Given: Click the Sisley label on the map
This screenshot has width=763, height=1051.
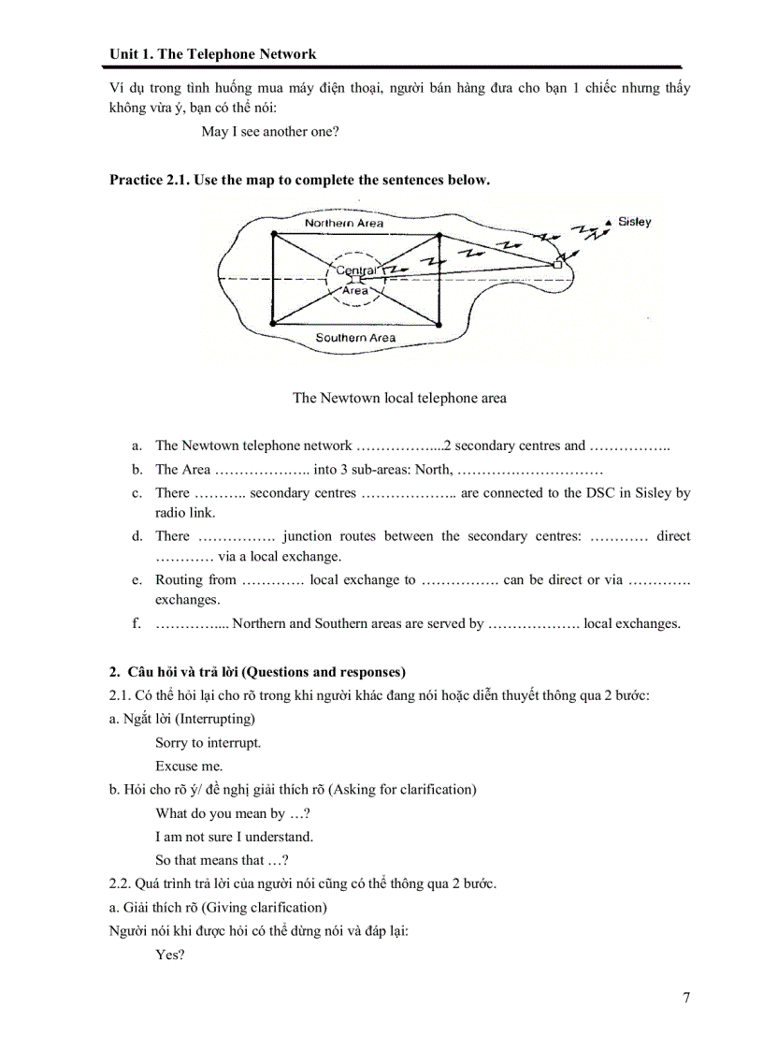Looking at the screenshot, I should pyautogui.click(x=635, y=223).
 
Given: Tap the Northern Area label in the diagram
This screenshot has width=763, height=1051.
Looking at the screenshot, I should pyautogui.click(x=344, y=224).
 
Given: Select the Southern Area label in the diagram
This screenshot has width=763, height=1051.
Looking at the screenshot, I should pyautogui.click(x=355, y=338).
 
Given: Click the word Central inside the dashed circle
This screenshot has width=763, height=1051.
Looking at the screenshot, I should pyautogui.click(x=355, y=270).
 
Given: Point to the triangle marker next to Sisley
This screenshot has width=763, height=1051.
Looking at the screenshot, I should pyautogui.click(x=609, y=222).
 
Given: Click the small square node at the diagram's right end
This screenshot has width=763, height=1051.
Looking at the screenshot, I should pyautogui.click(x=557, y=266).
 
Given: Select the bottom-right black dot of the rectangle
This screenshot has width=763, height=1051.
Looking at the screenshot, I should pyautogui.click(x=439, y=325).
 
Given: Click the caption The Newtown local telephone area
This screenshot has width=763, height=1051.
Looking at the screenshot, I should pyautogui.click(x=399, y=398).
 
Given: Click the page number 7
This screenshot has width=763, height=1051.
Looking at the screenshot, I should pyautogui.click(x=686, y=998).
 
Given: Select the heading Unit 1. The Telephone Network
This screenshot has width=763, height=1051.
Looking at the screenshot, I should pyautogui.click(x=212, y=54).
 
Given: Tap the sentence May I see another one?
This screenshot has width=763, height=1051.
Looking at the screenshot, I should pyautogui.click(x=270, y=132).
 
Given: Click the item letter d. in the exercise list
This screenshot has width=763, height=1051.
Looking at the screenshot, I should pyautogui.click(x=137, y=536).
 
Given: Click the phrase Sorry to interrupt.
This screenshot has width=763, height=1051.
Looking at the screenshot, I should pyautogui.click(x=209, y=743).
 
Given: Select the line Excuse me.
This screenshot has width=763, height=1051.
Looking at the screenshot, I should pyautogui.click(x=189, y=766).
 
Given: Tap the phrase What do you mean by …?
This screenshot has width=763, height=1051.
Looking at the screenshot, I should pyautogui.click(x=233, y=814).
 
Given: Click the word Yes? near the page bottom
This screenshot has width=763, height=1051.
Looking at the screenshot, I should pyautogui.click(x=170, y=956).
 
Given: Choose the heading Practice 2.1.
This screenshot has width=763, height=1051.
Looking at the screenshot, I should pyautogui.click(x=150, y=180).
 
